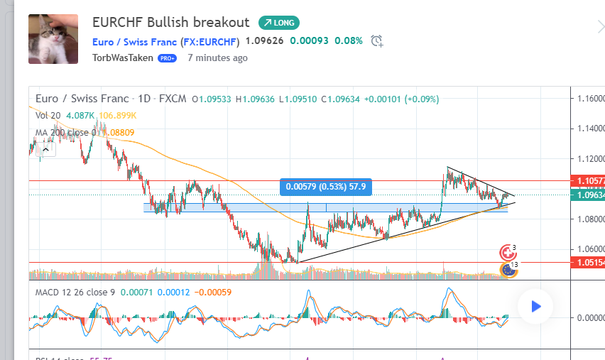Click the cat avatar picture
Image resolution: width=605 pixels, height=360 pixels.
[53, 38]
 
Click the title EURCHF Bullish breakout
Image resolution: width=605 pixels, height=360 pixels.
[171, 22]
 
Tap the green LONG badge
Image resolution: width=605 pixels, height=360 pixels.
[280, 23]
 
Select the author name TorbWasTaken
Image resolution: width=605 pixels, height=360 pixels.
[122, 58]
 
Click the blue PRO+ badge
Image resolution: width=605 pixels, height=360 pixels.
[167, 58]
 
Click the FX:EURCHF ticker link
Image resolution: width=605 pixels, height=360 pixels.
[211, 41]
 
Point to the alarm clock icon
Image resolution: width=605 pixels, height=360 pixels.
[377, 41]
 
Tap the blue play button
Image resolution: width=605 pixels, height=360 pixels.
[536, 307]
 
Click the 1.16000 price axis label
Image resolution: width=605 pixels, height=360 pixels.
[589, 99]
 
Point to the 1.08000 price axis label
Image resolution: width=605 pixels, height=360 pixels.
[589, 219]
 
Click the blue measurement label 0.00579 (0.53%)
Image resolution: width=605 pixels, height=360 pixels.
[326, 187]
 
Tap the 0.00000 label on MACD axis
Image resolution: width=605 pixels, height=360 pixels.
[589, 318]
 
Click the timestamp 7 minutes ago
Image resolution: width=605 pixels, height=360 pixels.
[217, 58]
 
